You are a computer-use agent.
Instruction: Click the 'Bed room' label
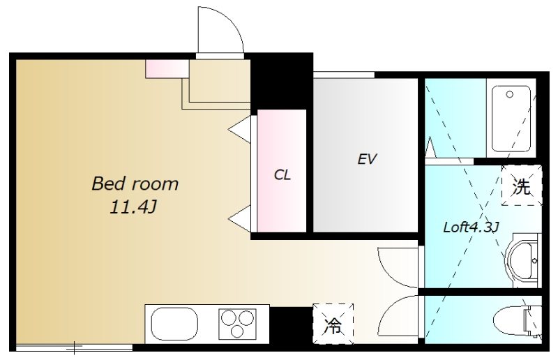(x=135, y=183)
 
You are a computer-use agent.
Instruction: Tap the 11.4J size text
(x=133, y=207)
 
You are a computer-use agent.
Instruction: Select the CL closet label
(x=282, y=174)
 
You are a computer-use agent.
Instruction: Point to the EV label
(x=367, y=159)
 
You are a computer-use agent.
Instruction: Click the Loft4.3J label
(x=471, y=227)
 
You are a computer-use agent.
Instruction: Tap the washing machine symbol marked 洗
(x=521, y=185)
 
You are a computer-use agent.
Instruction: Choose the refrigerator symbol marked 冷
(x=333, y=323)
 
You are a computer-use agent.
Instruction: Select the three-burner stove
(x=237, y=323)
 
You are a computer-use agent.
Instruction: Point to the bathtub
(x=511, y=119)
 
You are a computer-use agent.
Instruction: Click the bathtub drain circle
(x=510, y=94)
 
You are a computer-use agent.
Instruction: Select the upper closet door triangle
(x=240, y=129)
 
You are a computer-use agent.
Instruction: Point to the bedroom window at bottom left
(x=74, y=347)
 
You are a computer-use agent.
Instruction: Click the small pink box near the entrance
(x=167, y=69)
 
